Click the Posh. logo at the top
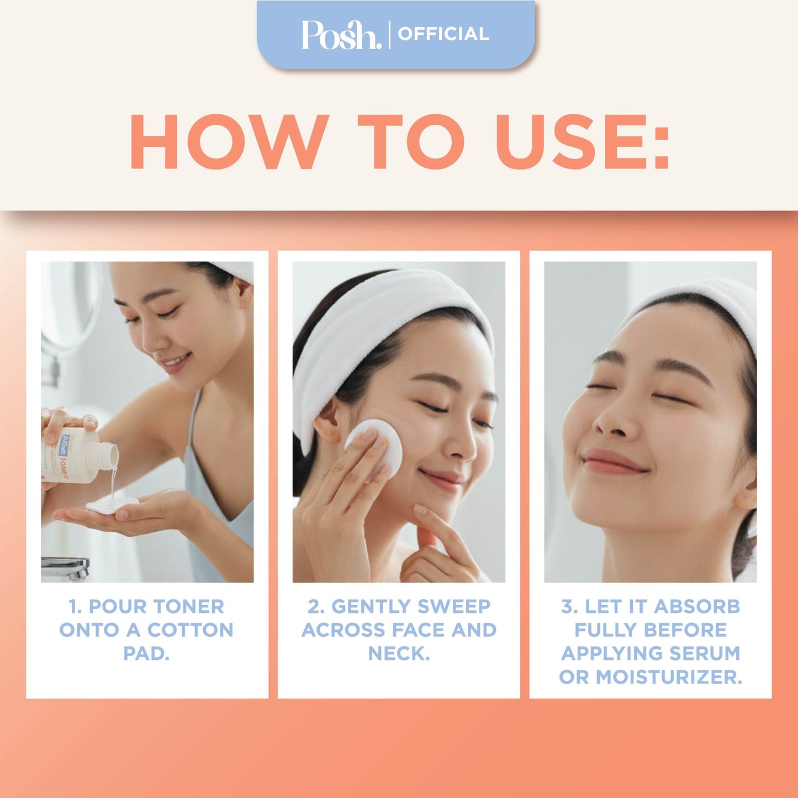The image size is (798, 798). click(x=341, y=34)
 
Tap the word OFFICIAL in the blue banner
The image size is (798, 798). click(x=443, y=34)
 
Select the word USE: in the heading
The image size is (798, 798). click(x=582, y=142)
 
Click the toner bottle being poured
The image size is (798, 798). click(x=77, y=455)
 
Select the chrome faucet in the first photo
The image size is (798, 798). click(x=65, y=568)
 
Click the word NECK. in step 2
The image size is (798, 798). click(x=399, y=653)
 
